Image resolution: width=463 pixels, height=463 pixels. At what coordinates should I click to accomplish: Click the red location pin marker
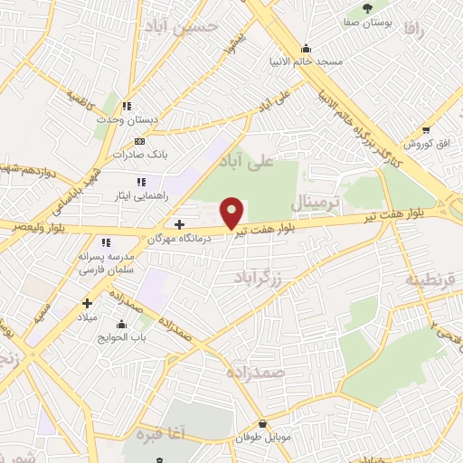pos(232,212)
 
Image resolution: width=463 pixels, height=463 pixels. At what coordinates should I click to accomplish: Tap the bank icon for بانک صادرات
pos(138,141)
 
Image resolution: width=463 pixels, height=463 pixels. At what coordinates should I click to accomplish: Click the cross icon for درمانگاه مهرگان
pos(179,223)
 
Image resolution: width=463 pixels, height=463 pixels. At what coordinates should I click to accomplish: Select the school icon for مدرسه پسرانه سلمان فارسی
pos(106,242)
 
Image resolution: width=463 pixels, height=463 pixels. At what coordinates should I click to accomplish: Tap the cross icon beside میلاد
pos(87,304)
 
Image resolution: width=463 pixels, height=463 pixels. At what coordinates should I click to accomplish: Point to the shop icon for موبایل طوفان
pos(262,423)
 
